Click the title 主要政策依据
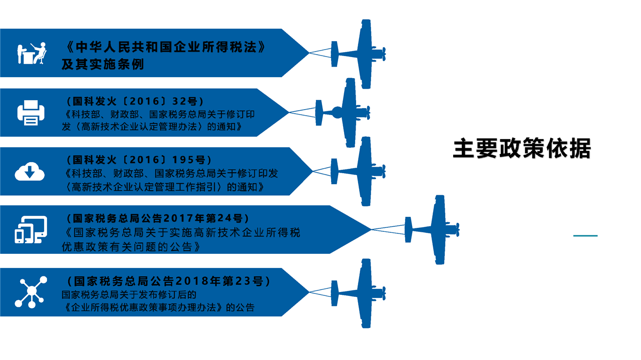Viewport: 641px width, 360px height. [x=522, y=149]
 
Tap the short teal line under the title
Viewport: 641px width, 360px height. [x=585, y=235]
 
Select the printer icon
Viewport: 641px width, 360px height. [x=31, y=112]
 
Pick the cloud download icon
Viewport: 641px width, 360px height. [x=30, y=171]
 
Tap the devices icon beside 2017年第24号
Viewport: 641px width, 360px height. [x=31, y=230]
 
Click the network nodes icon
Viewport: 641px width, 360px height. [x=31, y=292]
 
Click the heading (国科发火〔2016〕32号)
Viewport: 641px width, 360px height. [x=135, y=101]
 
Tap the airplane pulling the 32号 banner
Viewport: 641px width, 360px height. [x=346, y=112]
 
